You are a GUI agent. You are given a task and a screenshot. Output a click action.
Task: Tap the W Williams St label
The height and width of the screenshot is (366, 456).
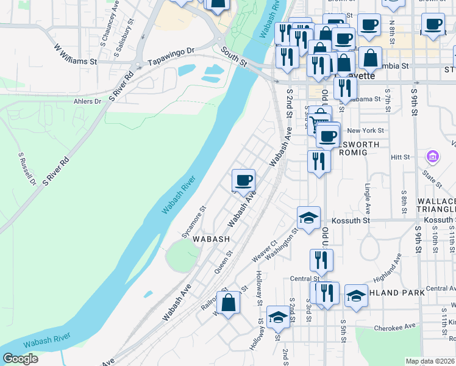[x=76, y=54]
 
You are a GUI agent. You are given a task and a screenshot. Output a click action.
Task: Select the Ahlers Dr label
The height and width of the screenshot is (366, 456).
[x=87, y=101]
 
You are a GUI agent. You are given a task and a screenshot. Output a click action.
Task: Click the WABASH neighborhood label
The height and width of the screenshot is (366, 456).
[x=211, y=240]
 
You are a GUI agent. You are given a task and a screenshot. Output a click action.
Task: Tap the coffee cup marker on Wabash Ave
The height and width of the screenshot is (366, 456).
[x=243, y=181]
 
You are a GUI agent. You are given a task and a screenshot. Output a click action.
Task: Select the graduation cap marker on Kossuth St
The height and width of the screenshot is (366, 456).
[x=309, y=218]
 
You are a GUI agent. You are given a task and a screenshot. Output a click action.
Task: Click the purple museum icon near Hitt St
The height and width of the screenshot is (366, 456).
[x=432, y=157]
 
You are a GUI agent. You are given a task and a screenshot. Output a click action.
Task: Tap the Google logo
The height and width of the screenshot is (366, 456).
[x=20, y=359]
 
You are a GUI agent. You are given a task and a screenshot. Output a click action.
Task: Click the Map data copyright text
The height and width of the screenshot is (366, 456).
[x=430, y=361]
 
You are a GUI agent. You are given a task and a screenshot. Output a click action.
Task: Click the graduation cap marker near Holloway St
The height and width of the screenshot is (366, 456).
[x=277, y=317]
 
